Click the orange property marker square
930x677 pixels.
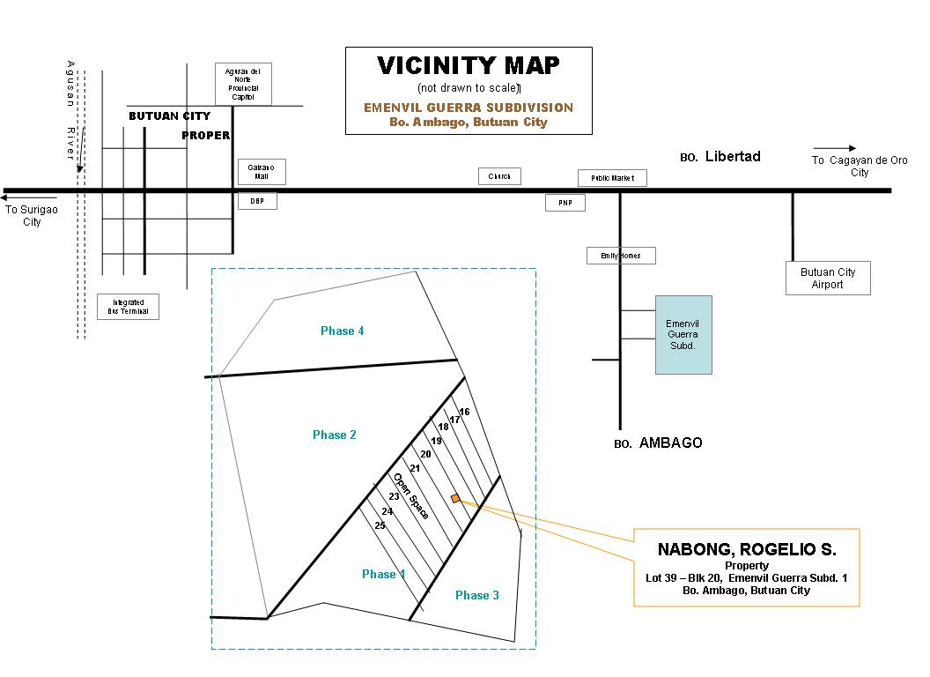coord(455,499)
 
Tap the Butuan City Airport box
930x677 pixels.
coord(827,278)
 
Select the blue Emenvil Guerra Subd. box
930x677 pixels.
coord(683,335)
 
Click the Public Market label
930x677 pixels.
coord(612,178)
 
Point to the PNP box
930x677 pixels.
coord(565,203)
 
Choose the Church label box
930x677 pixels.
coord(499,176)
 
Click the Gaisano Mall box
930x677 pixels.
coord(256,171)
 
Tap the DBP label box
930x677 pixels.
coord(257,201)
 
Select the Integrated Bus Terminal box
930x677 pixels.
coord(128,307)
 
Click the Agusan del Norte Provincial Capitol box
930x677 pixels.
coord(243,84)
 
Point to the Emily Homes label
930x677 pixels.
coord(621,256)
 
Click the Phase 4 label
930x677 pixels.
coord(342,331)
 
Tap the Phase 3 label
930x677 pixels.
coord(476,596)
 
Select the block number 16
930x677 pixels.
coord(464,412)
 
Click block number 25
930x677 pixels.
coord(380,525)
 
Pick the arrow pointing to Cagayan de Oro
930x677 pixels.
coord(834,148)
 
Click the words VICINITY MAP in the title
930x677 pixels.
coord(468,66)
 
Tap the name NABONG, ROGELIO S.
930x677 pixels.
coord(746,550)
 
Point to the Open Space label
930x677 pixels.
coord(411,495)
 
